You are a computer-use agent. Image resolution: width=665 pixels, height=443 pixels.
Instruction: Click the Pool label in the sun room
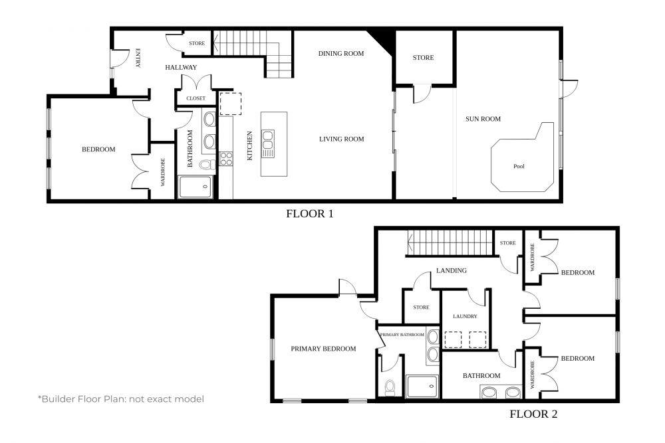click(x=519, y=167)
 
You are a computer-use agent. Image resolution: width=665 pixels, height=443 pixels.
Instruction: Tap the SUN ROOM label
click(x=483, y=119)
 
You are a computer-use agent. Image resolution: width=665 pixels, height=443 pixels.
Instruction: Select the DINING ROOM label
click(x=341, y=53)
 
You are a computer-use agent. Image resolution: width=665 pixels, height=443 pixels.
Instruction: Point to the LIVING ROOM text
click(x=341, y=139)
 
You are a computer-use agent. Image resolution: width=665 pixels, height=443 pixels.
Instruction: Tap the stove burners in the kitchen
click(x=226, y=159)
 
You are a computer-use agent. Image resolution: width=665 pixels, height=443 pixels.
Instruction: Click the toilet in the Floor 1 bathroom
click(x=207, y=164)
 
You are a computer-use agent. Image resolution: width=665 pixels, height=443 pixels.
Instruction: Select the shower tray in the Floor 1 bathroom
click(x=195, y=187)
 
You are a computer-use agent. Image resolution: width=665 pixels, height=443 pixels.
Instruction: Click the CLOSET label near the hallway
click(x=196, y=98)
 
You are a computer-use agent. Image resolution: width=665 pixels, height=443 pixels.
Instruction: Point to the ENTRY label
click(x=138, y=58)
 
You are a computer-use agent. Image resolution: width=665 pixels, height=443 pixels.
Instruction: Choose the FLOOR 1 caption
click(x=310, y=214)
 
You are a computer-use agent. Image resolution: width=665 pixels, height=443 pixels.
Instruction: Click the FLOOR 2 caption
click(x=533, y=414)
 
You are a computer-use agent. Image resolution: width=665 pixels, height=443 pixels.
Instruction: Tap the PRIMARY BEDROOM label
click(x=323, y=349)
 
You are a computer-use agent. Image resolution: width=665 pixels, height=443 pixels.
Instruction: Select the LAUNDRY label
click(x=465, y=316)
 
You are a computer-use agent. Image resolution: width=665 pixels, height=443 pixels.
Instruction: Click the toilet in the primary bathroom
click(x=389, y=387)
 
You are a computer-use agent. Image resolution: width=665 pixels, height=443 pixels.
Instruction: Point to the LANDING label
click(x=452, y=270)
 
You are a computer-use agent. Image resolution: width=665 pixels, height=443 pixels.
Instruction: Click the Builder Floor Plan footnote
click(x=121, y=399)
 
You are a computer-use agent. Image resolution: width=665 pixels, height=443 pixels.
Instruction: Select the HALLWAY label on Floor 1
click(x=181, y=67)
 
